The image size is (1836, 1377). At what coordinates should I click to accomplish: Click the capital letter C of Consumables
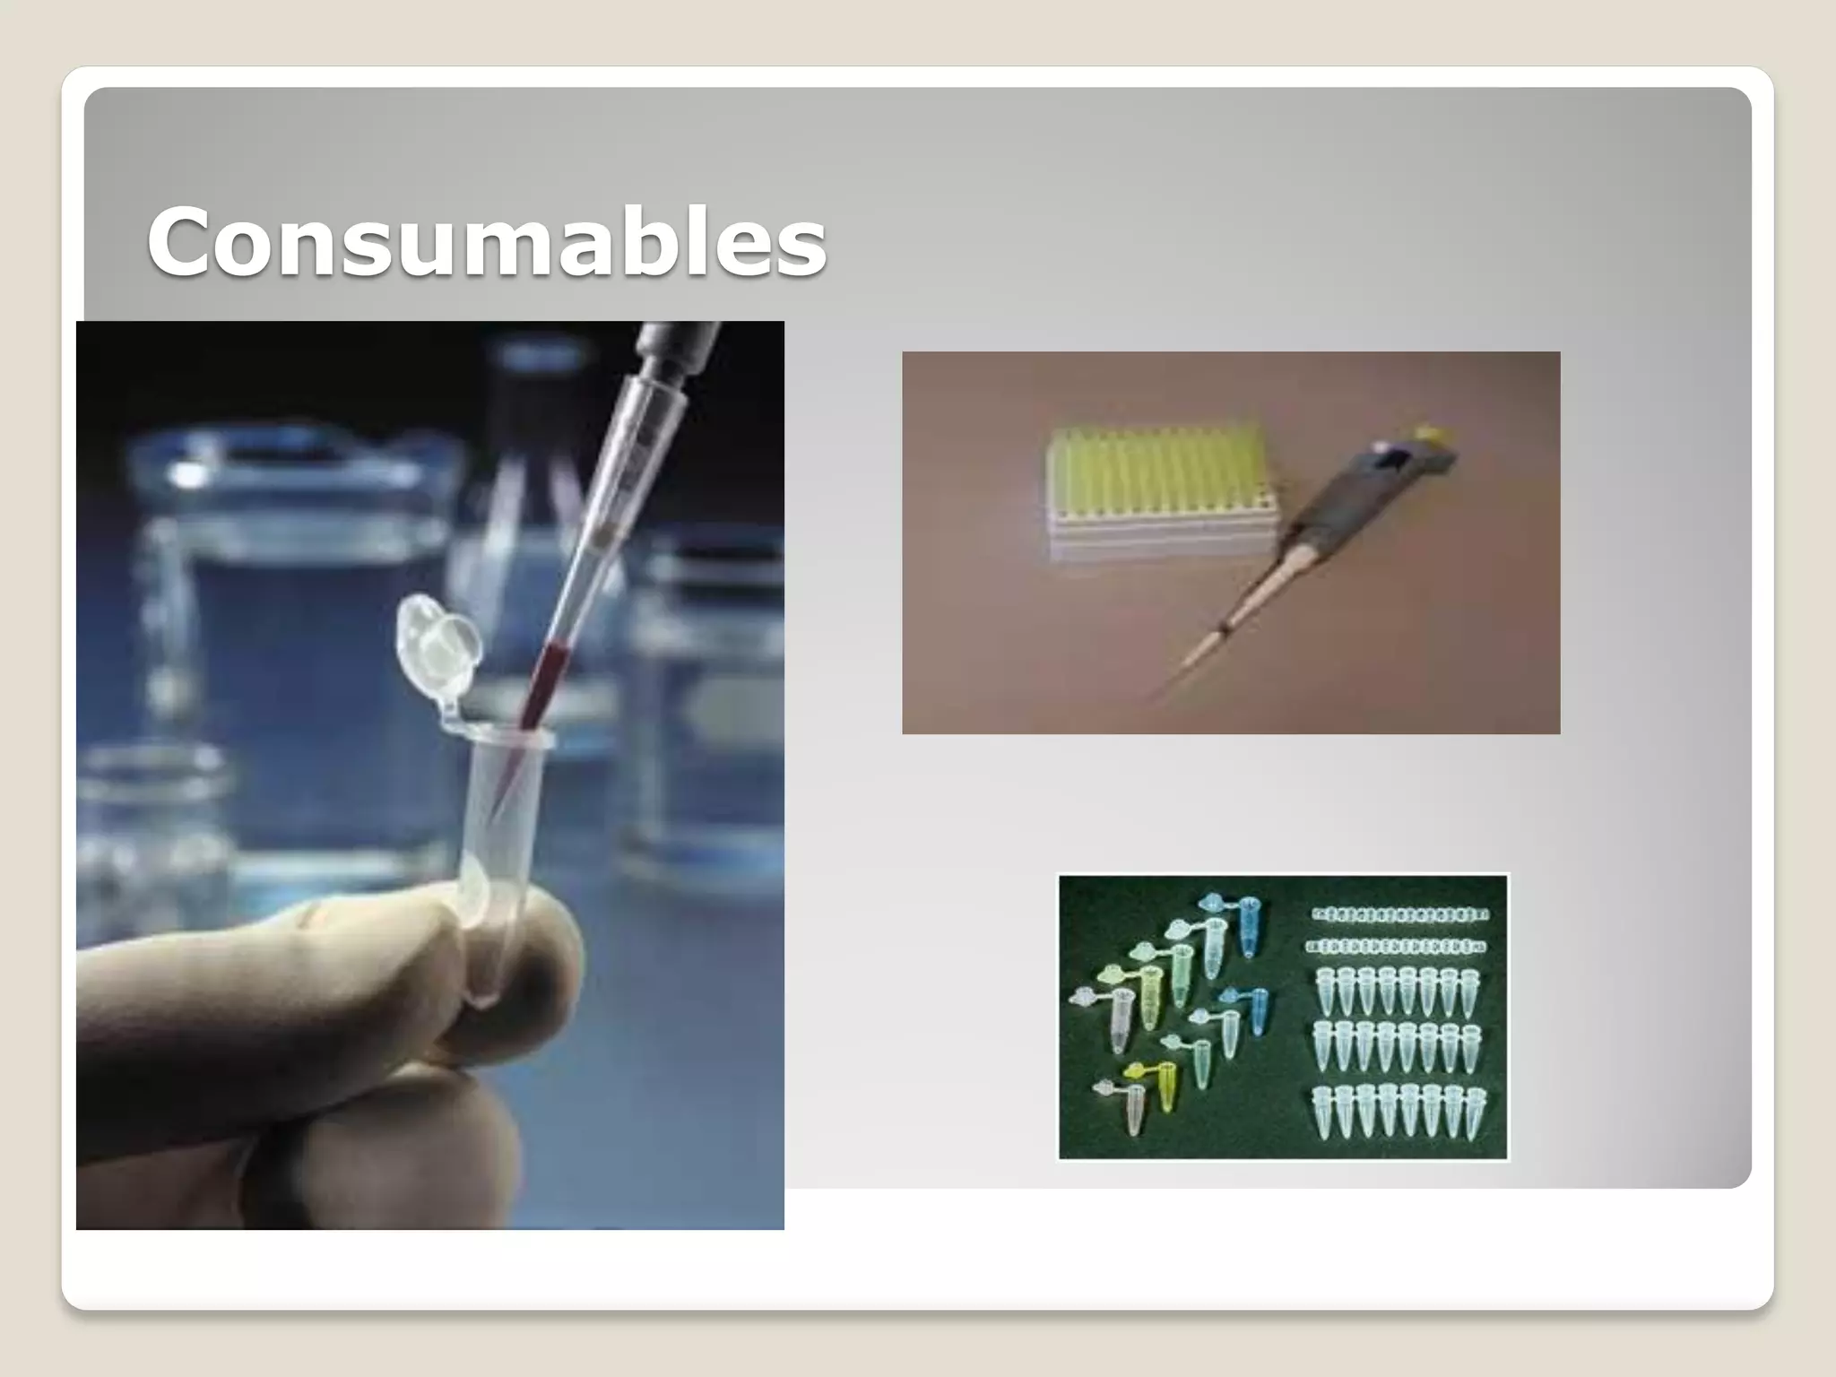(x=186, y=240)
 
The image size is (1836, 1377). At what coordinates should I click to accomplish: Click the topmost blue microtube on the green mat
(x=1248, y=923)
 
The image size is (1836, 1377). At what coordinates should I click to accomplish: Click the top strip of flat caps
(x=1399, y=915)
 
